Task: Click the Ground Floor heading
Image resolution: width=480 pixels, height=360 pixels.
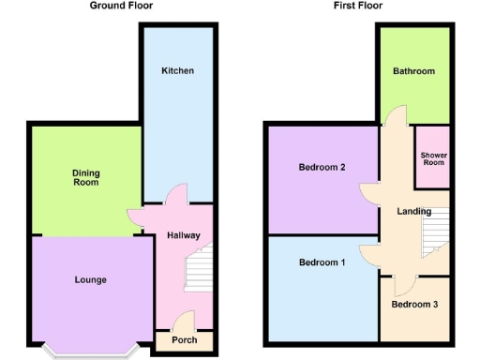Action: click(122, 6)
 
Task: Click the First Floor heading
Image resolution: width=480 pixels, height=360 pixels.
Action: click(357, 6)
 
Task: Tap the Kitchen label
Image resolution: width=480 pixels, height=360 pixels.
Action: click(177, 71)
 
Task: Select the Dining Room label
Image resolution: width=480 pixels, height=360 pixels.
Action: click(86, 177)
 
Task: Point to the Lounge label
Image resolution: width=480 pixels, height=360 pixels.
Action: click(91, 279)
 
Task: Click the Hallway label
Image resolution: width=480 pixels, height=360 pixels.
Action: click(184, 235)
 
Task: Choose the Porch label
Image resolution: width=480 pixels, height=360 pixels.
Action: click(185, 339)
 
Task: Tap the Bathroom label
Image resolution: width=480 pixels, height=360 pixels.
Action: click(413, 71)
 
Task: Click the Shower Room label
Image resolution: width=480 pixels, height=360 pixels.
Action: click(433, 157)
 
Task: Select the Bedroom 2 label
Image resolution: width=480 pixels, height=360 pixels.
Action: click(322, 168)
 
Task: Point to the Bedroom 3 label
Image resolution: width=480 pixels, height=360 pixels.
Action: click(414, 305)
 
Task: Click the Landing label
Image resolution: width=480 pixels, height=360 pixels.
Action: click(413, 211)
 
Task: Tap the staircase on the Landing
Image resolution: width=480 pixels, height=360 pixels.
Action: click(434, 230)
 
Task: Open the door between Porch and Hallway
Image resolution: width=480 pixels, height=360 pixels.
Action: click(184, 321)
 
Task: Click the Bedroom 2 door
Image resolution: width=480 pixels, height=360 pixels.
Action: click(371, 192)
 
